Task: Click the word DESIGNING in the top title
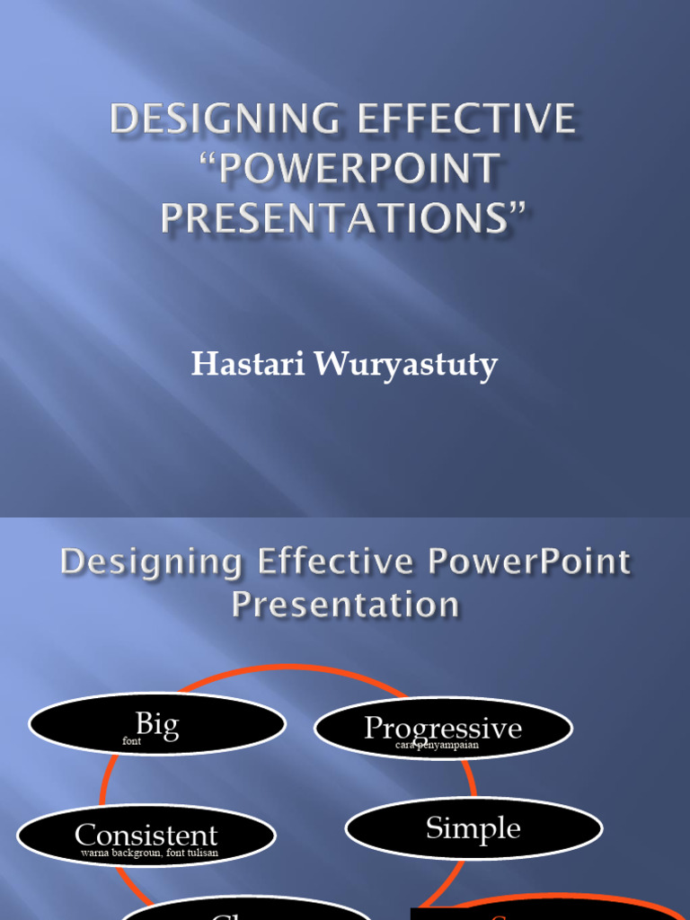point(223,120)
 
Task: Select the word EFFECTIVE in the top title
point(465,120)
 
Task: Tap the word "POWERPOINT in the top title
point(342,170)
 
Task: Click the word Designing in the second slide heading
point(151,563)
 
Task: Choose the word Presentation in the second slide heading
point(345,605)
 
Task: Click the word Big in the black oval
point(157,724)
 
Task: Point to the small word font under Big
point(132,742)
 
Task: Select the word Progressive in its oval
point(443,728)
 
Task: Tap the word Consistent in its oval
point(146,836)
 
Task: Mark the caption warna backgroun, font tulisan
point(148,853)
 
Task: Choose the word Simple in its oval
point(473,827)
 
